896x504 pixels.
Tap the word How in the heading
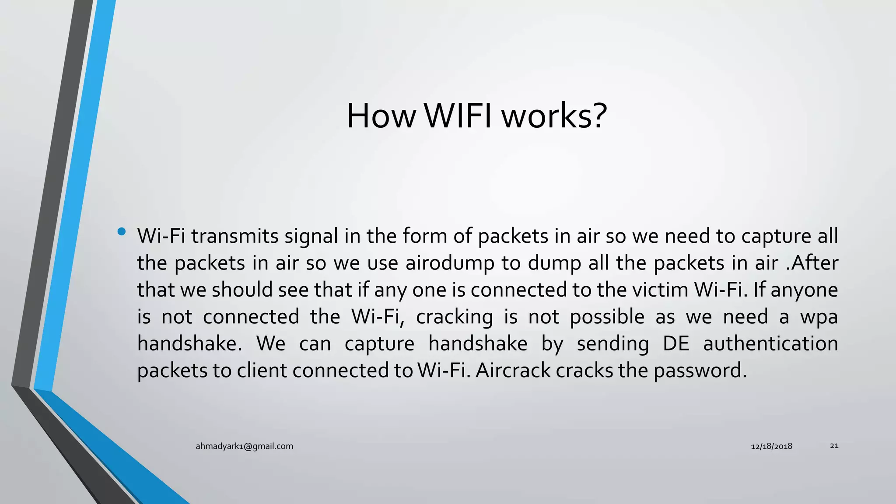(x=381, y=116)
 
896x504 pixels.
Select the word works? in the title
(x=554, y=116)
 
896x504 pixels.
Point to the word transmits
(x=235, y=236)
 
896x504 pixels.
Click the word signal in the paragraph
(x=311, y=236)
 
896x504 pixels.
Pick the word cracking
(x=454, y=317)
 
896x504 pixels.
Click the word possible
(x=607, y=317)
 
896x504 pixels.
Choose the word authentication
(x=770, y=344)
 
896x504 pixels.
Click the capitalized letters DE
(x=676, y=344)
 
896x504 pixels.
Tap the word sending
(x=612, y=344)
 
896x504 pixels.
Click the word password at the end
(x=700, y=371)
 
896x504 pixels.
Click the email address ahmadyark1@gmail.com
(x=244, y=446)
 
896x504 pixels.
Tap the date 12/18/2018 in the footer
(x=771, y=446)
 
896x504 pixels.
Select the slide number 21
(x=834, y=446)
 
